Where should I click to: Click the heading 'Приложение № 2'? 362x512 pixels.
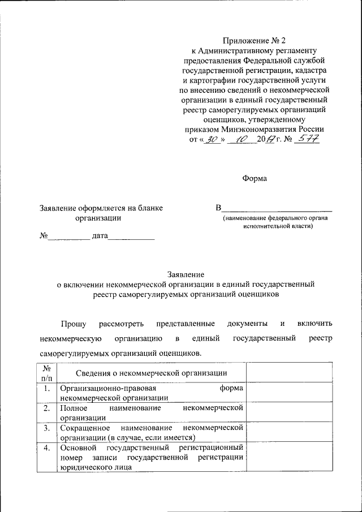coord(255,40)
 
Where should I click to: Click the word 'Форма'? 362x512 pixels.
coord(255,178)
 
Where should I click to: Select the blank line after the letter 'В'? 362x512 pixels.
coord(277,208)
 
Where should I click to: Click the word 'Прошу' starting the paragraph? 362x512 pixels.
coord(74,324)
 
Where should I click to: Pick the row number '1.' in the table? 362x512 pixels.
coord(46,389)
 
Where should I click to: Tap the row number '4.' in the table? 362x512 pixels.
coord(46,448)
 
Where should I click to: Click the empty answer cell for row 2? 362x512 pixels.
coord(288,411)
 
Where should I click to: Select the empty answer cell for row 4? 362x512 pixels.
coord(288,458)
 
